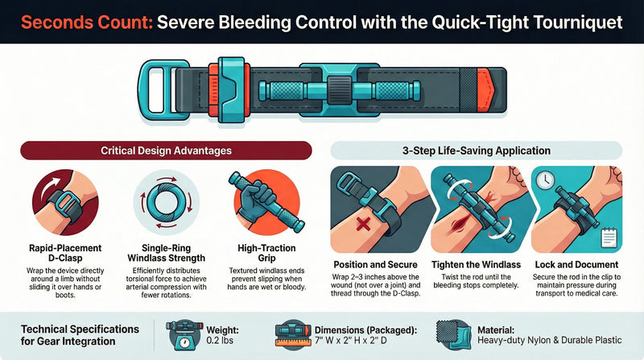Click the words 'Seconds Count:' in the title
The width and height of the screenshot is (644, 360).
pyautogui.click(x=85, y=21)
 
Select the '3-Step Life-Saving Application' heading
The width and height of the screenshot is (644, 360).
pyautogui.click(x=476, y=151)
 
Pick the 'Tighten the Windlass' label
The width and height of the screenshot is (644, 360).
pyautogui.click(x=476, y=265)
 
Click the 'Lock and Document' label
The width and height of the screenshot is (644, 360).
pyautogui.click(x=575, y=265)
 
